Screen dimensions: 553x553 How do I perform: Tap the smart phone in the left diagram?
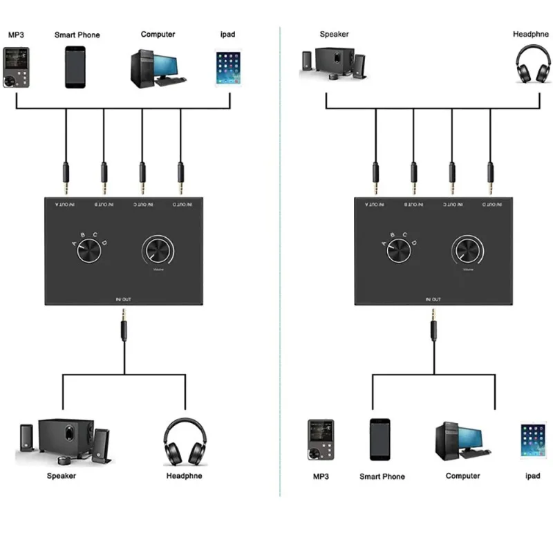[75, 67]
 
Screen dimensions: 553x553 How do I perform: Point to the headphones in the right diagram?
[531, 65]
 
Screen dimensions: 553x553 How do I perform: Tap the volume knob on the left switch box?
[160, 250]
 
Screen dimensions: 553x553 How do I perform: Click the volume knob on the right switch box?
[469, 250]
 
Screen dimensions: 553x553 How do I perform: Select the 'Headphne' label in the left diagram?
[185, 476]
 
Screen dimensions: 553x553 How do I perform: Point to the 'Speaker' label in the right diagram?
[334, 34]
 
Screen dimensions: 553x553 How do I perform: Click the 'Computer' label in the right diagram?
[462, 476]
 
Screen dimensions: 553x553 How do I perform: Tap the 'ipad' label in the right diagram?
[532, 476]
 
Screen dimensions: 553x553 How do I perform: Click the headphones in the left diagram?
[185, 442]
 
